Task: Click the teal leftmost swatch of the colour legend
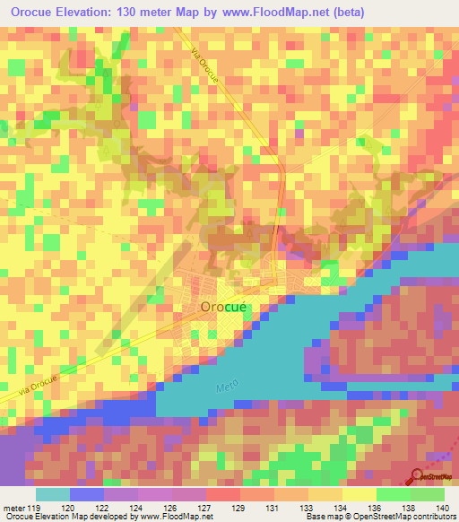pos(52,494)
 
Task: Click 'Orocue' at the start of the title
pos(32,11)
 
